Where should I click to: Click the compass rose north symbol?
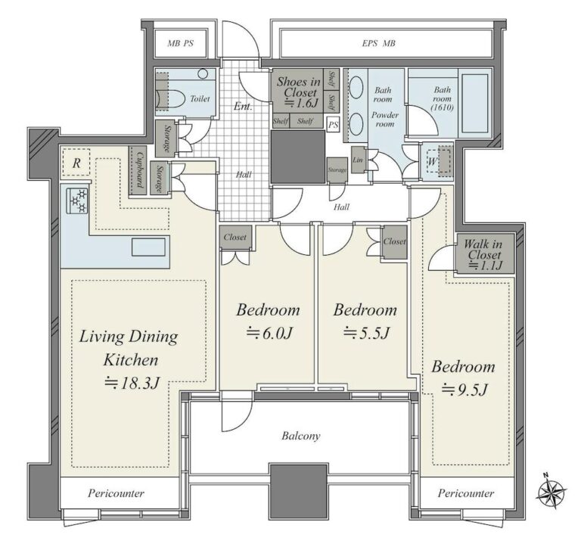[x=551, y=492]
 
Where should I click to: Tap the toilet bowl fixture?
[x=171, y=99]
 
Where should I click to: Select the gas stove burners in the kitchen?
[x=77, y=200]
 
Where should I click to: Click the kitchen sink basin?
[x=148, y=247]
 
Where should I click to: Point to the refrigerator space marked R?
[x=76, y=163]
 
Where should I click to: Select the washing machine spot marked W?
[x=433, y=162]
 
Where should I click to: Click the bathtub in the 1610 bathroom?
[x=474, y=103]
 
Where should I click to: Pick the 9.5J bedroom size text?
[x=464, y=390]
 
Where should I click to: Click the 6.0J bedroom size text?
[x=270, y=333]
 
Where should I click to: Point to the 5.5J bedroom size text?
[x=366, y=333]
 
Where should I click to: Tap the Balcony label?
[x=301, y=436]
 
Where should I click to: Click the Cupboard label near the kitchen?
[x=138, y=170]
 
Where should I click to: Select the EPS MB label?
[x=379, y=43]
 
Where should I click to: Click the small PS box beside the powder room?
[x=334, y=125]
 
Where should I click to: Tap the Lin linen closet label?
[x=358, y=160]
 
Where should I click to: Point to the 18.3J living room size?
[x=132, y=383]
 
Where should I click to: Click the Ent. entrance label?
[x=243, y=107]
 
